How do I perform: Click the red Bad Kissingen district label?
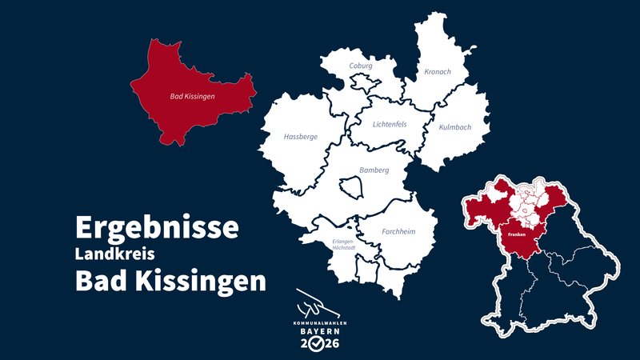pyautogui.click(x=193, y=97)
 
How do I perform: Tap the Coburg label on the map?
pyautogui.click(x=361, y=66)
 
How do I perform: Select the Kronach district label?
pyautogui.click(x=438, y=72)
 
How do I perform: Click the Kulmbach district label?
pyautogui.click(x=455, y=127)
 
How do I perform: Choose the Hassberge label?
pyautogui.click(x=301, y=137)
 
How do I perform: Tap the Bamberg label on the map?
pyautogui.click(x=374, y=170)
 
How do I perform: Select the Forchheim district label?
pyautogui.click(x=398, y=232)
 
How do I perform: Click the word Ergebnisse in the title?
pyautogui.click(x=157, y=227)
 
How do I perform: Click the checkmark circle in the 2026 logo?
pyautogui.click(x=317, y=344)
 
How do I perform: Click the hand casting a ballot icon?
pyautogui.click(x=314, y=303)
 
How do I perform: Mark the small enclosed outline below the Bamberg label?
pyautogui.click(x=351, y=188)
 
